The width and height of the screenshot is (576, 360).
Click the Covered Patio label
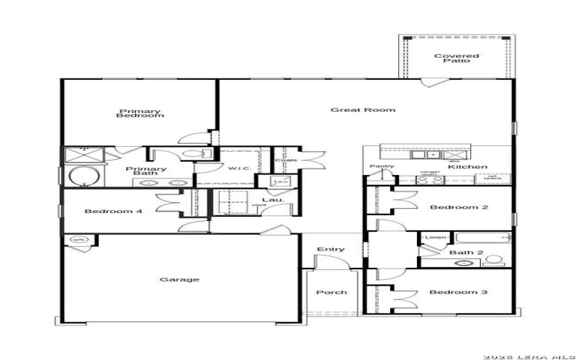[x=451, y=58]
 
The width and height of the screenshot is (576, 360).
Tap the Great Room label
[x=363, y=110]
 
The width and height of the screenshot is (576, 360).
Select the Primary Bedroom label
[x=140, y=113]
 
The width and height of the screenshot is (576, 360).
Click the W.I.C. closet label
[x=238, y=168]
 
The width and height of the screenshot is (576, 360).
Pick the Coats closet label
[x=286, y=160]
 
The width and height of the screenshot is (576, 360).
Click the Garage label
[x=179, y=279]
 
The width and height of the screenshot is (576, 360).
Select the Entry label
[x=330, y=250]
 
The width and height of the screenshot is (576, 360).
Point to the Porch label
[x=331, y=292]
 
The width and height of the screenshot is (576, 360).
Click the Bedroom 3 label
[x=459, y=292]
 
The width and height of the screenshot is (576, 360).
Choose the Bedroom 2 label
[x=459, y=207]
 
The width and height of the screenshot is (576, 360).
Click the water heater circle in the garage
[x=77, y=240]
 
